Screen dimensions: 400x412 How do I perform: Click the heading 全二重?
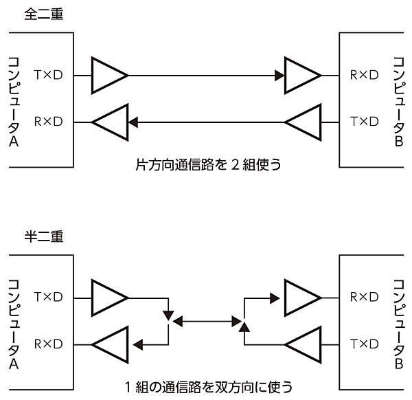(43, 14)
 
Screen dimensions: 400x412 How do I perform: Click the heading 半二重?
(43, 236)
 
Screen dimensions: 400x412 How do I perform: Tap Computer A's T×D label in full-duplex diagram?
(48, 75)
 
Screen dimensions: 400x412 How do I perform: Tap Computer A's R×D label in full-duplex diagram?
(48, 122)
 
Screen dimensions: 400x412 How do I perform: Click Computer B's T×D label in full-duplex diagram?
(364, 122)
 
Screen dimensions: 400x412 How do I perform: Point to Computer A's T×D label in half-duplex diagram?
(48, 297)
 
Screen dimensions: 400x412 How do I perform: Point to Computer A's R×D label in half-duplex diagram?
(48, 343)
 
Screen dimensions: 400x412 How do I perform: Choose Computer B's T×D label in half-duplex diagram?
(364, 343)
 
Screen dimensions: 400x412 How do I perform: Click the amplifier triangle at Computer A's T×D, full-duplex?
(108, 75)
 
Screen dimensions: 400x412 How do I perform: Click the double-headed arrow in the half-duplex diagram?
(206, 320)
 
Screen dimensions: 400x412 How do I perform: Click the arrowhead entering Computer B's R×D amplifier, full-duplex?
(279, 75)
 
